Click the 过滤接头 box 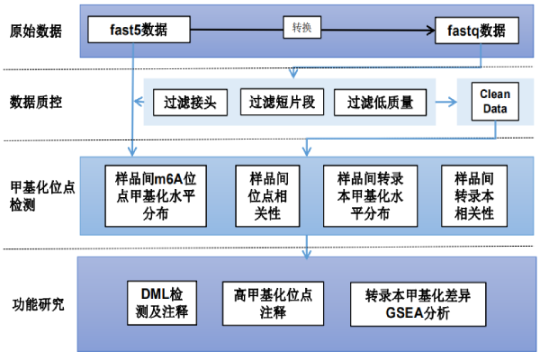(189, 103)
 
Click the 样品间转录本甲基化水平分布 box (371, 193)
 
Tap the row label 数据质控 (36, 102)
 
